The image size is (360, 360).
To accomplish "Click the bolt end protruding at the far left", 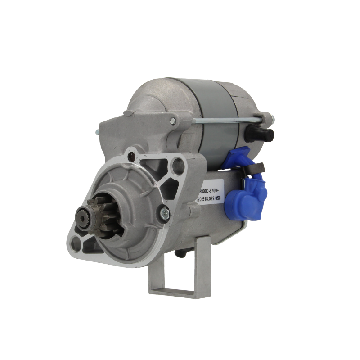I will (x=98, y=131).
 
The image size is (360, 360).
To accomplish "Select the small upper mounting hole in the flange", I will (x=131, y=157).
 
